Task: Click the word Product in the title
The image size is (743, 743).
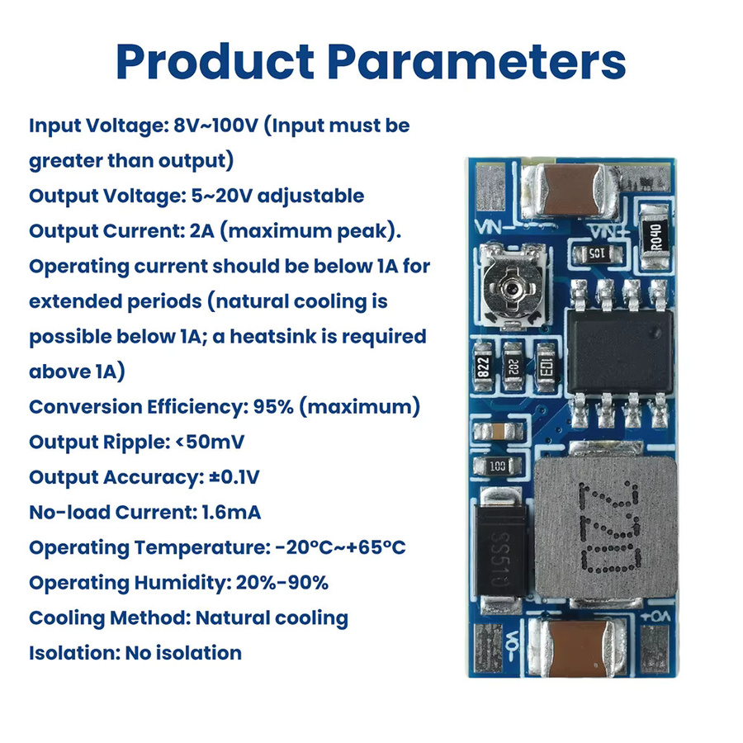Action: (215, 62)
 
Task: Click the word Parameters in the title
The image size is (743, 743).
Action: (476, 62)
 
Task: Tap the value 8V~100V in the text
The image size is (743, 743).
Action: (216, 125)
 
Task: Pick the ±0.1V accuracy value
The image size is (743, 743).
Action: (234, 477)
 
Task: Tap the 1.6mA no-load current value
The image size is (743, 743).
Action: (231, 512)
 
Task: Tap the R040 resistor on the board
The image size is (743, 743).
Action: (656, 237)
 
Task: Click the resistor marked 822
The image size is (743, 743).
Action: (483, 367)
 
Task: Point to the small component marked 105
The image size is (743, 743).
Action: (597, 253)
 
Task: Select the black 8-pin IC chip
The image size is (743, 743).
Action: (620, 352)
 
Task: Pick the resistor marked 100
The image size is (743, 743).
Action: (497, 466)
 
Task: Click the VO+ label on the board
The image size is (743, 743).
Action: (655, 617)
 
